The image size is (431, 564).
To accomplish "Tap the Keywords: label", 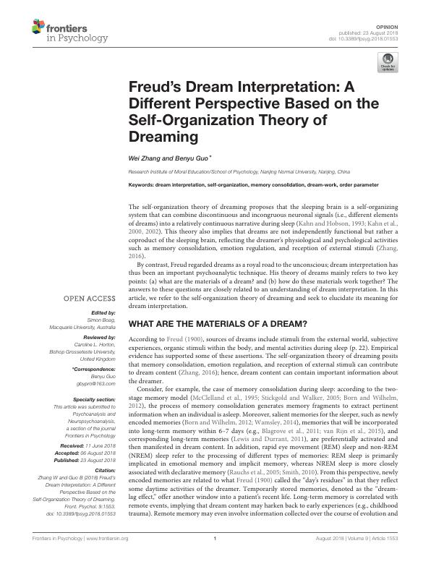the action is (x=142, y=184).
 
